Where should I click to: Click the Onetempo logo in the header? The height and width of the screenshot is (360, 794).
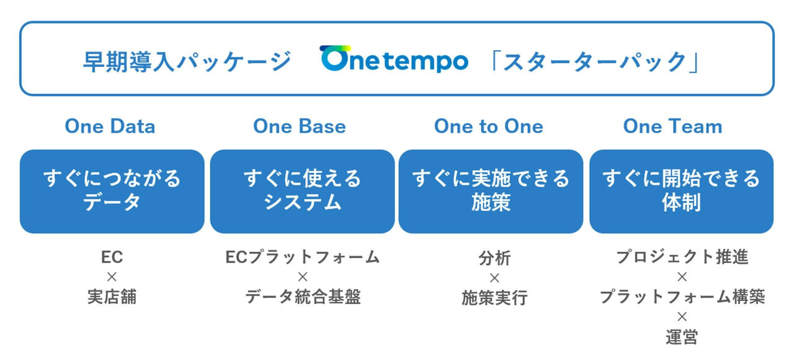click(x=394, y=60)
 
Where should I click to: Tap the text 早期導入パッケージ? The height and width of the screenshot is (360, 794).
click(x=187, y=61)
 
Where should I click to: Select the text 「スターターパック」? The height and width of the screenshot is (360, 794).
click(x=594, y=61)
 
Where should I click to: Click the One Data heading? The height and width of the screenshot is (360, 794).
click(x=110, y=127)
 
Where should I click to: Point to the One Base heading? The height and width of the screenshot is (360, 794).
click(x=300, y=127)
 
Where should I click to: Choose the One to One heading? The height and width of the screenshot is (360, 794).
click(x=489, y=127)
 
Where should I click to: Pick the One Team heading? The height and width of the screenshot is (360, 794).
click(x=673, y=127)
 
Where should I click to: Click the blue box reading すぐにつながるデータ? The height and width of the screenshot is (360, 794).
click(x=112, y=191)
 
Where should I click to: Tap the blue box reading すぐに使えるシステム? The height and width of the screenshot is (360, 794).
click(x=302, y=191)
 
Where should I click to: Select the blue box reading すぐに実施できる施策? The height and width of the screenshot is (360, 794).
click(x=491, y=191)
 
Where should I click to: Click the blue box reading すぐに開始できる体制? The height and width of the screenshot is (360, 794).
click(x=681, y=191)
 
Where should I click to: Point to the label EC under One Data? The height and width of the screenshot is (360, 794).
click(x=112, y=257)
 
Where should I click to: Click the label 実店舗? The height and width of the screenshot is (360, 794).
click(x=112, y=297)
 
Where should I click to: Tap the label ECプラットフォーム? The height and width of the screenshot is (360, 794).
click(x=302, y=257)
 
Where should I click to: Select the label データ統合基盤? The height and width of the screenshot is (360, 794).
click(x=303, y=297)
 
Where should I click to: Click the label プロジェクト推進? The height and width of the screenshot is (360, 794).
click(x=682, y=257)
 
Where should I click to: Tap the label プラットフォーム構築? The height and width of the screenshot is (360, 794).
click(x=682, y=297)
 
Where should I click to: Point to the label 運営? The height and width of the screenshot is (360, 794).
click(x=682, y=337)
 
